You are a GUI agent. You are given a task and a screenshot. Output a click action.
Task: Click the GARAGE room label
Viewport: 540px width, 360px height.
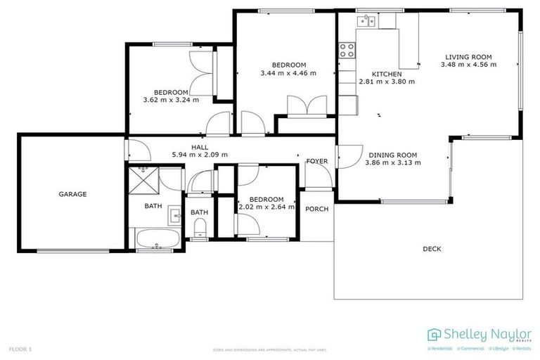coord(72,194)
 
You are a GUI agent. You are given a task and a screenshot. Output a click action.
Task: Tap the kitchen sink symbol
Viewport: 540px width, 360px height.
coord(368,22)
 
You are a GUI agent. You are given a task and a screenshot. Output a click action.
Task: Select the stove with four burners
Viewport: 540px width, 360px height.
coord(347,49)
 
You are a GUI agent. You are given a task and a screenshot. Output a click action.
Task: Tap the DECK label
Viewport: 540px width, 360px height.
coord(432,248)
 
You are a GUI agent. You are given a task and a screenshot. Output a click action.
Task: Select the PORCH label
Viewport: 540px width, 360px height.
coord(317,209)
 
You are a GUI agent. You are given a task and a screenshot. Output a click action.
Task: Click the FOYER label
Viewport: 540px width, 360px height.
coord(317,161)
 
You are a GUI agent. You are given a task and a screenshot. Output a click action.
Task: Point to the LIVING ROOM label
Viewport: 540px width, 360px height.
coord(468,57)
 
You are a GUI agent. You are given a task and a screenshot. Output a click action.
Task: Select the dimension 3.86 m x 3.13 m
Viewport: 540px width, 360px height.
coord(393,162)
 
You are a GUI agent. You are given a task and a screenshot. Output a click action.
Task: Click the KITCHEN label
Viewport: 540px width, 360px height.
coord(387,74)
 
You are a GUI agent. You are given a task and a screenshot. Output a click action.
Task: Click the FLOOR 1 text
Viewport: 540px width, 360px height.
coord(20,349)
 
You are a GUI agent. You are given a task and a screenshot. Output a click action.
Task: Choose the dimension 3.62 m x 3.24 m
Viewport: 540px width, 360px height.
coord(171,100)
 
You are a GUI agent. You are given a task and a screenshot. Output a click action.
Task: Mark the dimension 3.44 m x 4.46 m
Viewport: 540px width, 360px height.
coord(288,72)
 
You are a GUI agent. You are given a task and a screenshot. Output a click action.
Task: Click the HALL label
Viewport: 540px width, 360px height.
coord(190,147)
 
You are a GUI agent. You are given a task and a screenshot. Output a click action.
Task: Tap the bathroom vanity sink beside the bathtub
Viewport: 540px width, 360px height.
coord(174,216)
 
